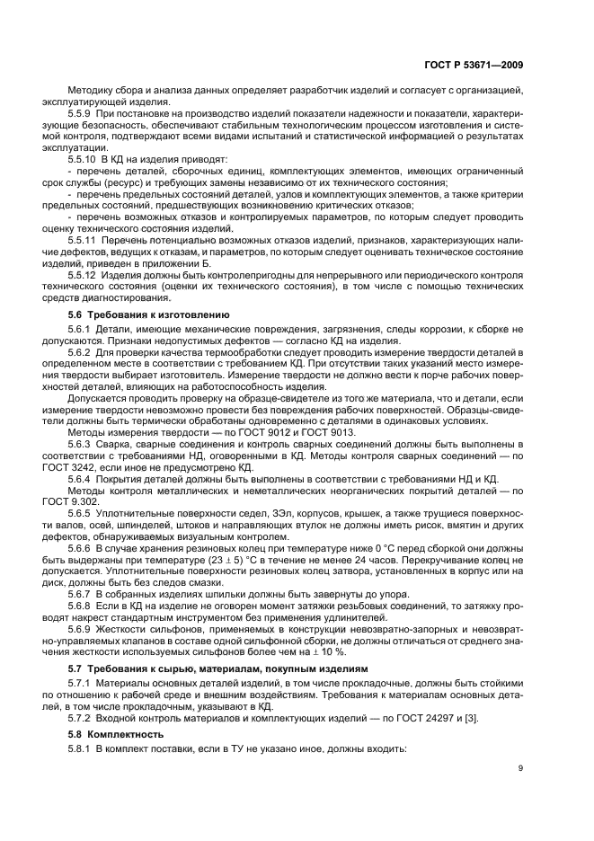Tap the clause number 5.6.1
pos(81,330)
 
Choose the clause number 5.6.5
pos(81,511)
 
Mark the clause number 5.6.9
pos(81,628)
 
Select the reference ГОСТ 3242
pos(94,468)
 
